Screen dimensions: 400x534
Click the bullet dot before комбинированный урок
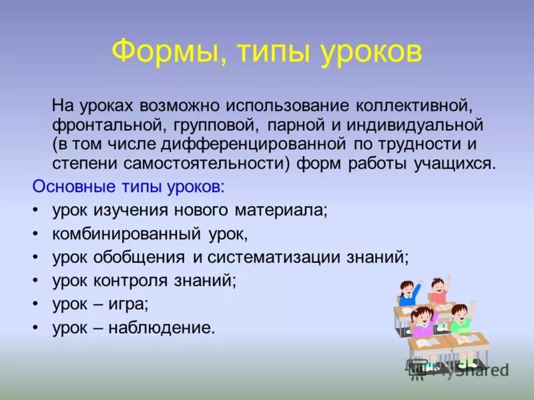(x=36, y=235)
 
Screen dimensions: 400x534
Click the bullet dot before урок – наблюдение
(x=36, y=327)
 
